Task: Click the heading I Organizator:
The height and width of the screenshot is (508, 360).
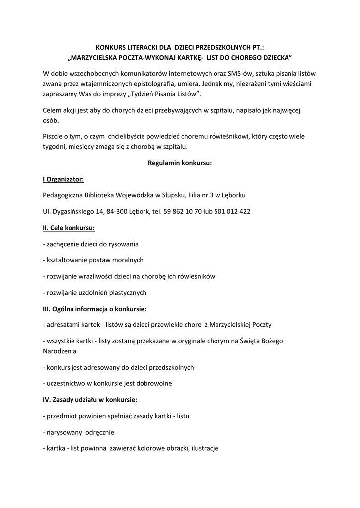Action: pyautogui.click(x=63, y=179)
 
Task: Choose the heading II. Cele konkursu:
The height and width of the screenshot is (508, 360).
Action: pyautogui.click(x=69, y=228)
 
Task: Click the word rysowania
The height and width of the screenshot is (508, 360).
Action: pyautogui.click(x=124, y=244)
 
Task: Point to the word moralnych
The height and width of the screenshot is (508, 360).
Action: pyautogui.click(x=126, y=260)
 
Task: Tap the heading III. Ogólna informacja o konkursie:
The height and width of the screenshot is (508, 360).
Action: pyautogui.click(x=94, y=309)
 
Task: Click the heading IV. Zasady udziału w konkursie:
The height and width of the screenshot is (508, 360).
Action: pyautogui.click(x=90, y=399)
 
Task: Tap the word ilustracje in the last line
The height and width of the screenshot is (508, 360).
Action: pyautogui.click(x=202, y=448)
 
